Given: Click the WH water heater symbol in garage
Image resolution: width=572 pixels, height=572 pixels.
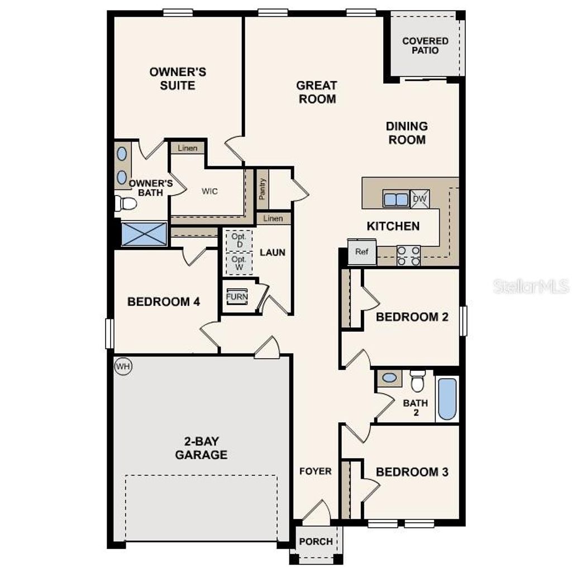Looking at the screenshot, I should (123, 366).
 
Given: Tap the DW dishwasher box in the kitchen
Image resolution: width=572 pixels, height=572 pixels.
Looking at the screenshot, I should (420, 198).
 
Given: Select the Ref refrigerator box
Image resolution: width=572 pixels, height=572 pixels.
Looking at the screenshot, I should (362, 252).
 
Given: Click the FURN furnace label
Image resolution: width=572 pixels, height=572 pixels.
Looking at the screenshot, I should (237, 296).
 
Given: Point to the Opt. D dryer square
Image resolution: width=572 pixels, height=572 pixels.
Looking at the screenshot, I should (239, 240).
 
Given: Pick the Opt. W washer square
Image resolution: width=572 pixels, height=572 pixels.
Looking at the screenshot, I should (239, 263).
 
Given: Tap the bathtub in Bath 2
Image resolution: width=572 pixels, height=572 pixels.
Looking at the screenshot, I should (447, 399).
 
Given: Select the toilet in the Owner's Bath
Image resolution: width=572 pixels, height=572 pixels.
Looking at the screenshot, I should (127, 203).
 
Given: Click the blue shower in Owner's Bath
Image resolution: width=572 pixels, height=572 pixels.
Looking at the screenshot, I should (144, 233).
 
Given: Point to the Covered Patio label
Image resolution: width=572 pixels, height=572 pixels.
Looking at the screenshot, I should (425, 45).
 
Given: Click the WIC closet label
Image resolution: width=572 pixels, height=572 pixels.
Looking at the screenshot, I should (209, 191).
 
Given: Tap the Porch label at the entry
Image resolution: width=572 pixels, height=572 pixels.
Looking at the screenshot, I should (316, 541).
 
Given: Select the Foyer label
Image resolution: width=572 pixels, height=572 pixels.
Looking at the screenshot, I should (316, 471).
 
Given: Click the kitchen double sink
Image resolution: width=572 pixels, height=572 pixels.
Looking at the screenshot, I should (396, 198).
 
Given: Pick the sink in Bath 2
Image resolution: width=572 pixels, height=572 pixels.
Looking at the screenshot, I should (389, 378).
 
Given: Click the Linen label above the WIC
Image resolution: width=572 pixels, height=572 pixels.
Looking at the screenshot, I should (187, 148).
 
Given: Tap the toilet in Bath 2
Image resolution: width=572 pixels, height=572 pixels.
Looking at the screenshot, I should (417, 382).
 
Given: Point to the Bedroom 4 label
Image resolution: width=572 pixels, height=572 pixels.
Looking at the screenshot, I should (164, 302).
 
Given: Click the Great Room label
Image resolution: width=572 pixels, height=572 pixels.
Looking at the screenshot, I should (316, 92).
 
